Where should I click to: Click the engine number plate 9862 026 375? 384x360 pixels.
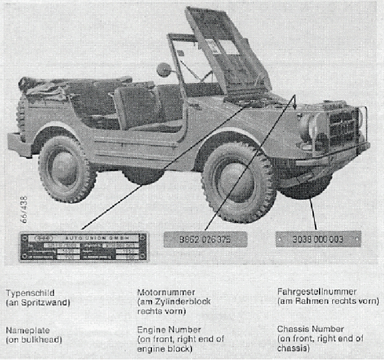tap(205, 239)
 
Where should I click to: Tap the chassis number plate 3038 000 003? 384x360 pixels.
tap(318, 239)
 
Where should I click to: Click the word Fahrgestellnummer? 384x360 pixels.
tap(317, 291)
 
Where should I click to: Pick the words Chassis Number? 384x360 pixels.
tap(310, 329)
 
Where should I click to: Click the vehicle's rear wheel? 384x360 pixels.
tap(67, 168)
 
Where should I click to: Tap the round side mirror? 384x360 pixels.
tap(163, 70)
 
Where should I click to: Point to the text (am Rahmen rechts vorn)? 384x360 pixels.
tap(328, 301)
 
